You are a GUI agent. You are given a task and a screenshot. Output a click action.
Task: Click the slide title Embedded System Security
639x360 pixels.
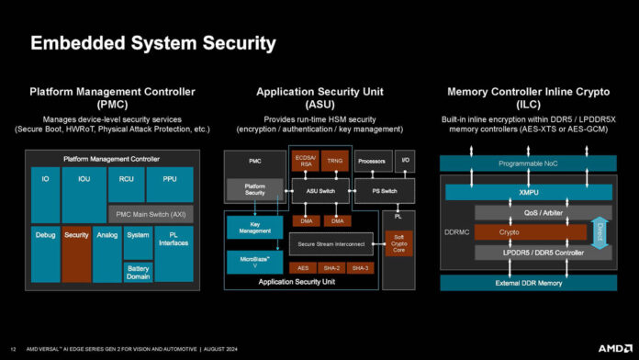153,43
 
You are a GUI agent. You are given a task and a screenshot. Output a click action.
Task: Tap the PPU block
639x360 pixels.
170,181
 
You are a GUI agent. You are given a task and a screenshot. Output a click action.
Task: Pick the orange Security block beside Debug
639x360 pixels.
76,235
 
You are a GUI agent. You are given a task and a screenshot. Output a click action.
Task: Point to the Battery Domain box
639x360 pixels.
138,272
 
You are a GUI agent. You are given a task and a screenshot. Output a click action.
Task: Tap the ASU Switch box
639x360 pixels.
320,190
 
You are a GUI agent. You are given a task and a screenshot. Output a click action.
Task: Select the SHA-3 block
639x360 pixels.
361,267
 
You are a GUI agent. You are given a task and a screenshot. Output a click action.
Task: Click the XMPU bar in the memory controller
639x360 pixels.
528,192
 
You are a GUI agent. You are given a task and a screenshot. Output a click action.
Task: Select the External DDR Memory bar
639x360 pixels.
528,282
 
